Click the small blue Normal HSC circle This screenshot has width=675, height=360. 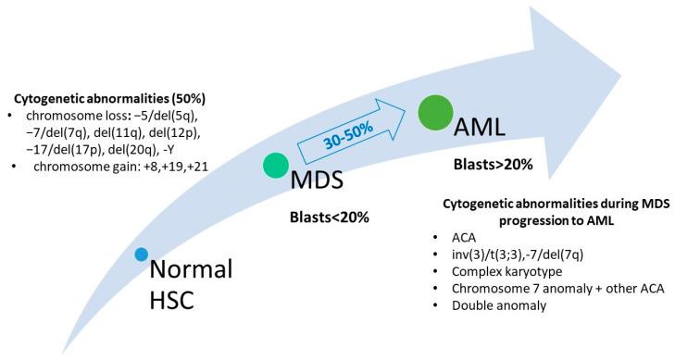pyautogui.click(x=141, y=254)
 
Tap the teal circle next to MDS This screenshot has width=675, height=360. pyautogui.click(x=276, y=166)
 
